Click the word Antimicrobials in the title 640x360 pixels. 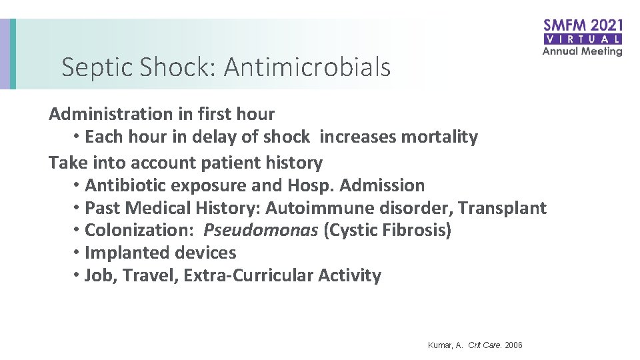307,67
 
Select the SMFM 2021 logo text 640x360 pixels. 583,26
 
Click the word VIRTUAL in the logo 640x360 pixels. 583,39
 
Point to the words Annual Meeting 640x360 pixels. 583,51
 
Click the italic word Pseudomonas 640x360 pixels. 261,231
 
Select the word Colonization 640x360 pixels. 138,231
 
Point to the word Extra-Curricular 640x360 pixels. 249,276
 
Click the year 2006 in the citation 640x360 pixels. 513,345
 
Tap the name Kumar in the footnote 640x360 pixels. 440,345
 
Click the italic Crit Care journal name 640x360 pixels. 485,345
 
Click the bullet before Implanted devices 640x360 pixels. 77,252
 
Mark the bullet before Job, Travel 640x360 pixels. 77,275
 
